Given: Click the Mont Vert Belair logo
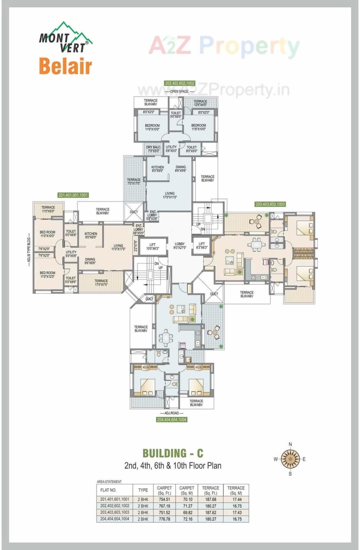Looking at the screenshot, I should click(66, 49).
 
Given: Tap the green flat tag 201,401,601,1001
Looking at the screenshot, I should click(73, 195).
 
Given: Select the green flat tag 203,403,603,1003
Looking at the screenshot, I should click(270, 204).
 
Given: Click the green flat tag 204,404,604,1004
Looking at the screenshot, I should click(172, 419).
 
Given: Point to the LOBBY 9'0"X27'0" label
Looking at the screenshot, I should click(179, 246).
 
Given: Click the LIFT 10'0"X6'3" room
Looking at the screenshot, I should click(152, 246).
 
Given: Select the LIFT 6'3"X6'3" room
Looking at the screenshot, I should click(202, 245).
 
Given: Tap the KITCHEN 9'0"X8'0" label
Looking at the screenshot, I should click(91, 235).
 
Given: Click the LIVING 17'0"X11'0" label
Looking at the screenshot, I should click(170, 195).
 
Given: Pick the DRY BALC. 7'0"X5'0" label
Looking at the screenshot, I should click(153, 149).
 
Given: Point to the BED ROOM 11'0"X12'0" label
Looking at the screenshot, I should click(48, 275).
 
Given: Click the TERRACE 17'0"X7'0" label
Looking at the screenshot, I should click(101, 282).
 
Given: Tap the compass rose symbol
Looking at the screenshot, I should click(290, 459).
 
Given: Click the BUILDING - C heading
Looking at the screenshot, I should click(173, 453).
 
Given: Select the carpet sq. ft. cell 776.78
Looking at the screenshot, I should click(165, 519).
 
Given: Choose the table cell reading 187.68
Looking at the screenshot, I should click(210, 499).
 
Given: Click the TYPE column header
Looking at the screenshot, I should click(143, 490).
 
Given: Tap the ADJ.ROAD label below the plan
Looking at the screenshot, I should click(172, 413).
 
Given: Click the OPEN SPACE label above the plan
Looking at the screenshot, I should click(179, 91).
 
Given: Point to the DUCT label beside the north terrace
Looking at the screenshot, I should click(134, 212).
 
